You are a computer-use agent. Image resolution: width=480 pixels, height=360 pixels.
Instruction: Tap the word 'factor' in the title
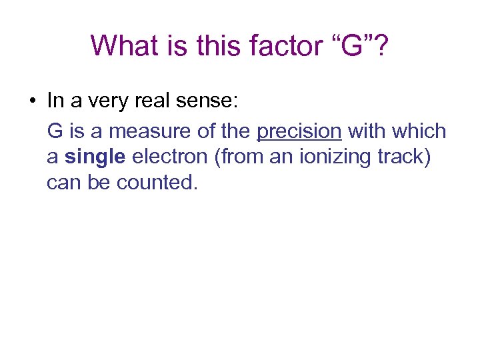[x=277, y=45]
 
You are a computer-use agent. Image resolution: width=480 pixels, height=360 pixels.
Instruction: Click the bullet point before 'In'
[x=31, y=102]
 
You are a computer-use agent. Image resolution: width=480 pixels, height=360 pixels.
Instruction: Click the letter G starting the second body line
[x=55, y=131]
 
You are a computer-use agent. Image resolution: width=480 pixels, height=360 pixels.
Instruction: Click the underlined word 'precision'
[x=299, y=131]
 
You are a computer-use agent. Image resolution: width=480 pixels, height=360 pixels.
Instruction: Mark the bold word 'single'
[x=95, y=157]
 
